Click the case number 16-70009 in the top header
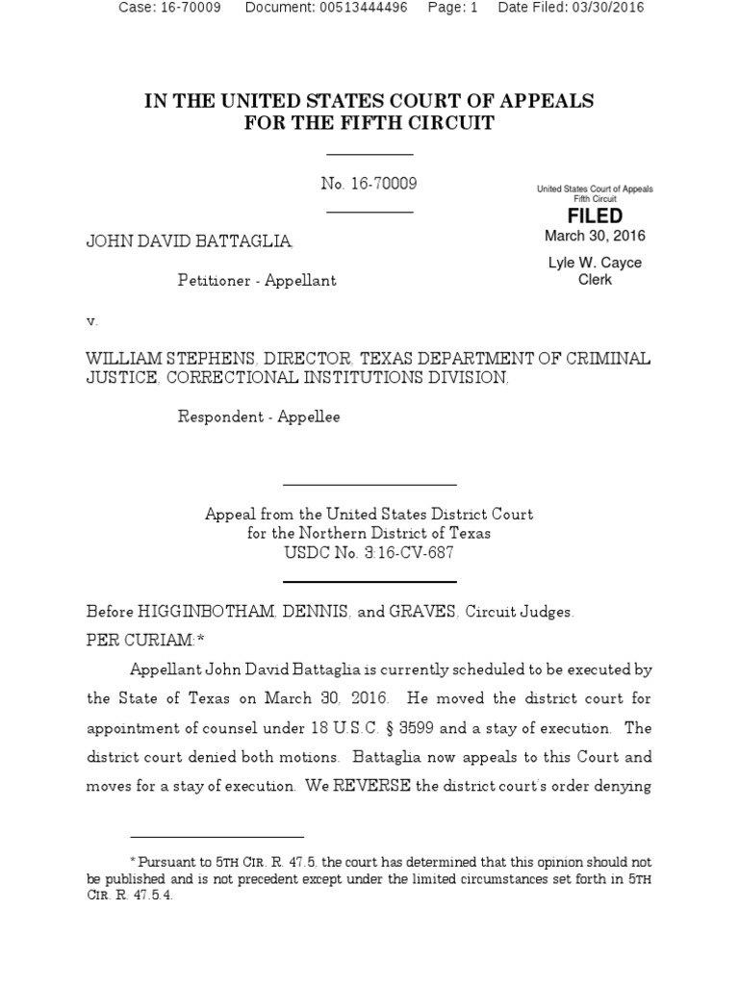[191, 8]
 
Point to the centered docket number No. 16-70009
[369, 184]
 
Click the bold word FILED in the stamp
[595, 216]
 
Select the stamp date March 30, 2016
[595, 236]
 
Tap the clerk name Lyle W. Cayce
[595, 263]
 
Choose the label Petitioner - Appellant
[257, 280]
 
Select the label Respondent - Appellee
[259, 417]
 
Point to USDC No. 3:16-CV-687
[369, 553]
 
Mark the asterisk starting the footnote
[133, 861]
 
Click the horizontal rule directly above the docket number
[369, 154]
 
